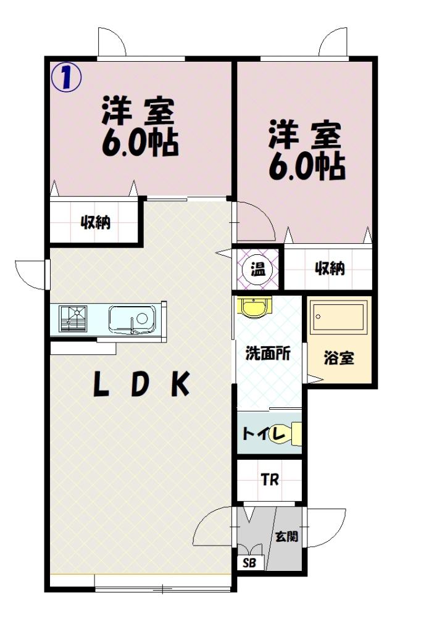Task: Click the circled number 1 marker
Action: (66, 77)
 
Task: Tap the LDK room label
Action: (141, 385)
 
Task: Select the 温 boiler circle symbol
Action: (258, 269)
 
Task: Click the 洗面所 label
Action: (268, 354)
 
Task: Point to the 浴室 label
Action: (339, 358)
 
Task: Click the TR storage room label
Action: (270, 480)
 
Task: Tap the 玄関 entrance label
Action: (286, 536)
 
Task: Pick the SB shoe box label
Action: (249, 563)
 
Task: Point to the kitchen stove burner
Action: (73, 318)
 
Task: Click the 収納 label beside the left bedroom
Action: (96, 222)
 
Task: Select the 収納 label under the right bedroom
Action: (330, 268)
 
